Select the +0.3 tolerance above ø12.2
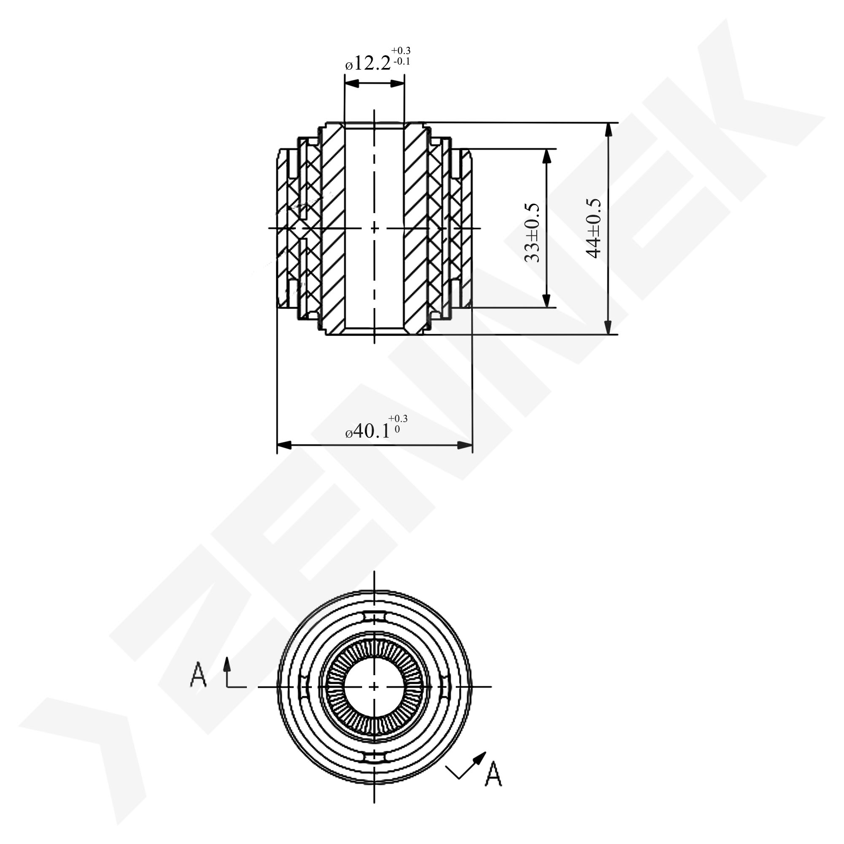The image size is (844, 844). (x=400, y=51)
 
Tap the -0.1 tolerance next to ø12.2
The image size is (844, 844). (x=401, y=61)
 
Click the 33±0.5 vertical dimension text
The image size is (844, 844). (x=532, y=232)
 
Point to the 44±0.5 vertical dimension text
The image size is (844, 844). (x=594, y=228)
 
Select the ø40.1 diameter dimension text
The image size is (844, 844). (x=368, y=431)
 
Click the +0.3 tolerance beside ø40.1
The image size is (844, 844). (x=398, y=419)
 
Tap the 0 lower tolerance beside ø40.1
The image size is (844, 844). (x=397, y=429)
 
